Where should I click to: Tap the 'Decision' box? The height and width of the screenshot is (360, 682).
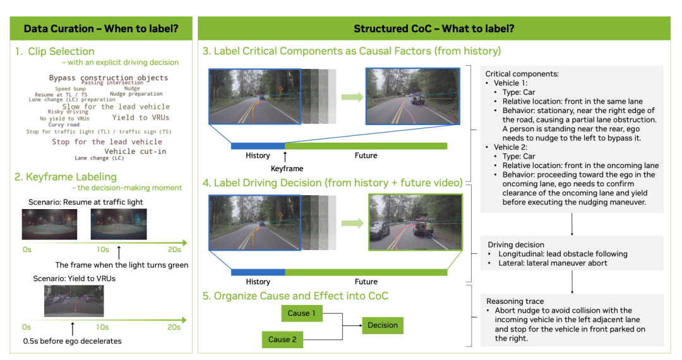click(383, 325)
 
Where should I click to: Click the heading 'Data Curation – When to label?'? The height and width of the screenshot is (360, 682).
click(101, 28)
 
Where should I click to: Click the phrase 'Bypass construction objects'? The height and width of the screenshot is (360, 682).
click(109, 78)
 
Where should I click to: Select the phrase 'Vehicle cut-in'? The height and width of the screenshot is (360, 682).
click(135, 151)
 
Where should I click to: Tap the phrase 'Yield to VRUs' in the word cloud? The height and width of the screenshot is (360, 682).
click(141, 117)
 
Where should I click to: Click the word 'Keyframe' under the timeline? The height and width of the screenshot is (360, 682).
click(287, 169)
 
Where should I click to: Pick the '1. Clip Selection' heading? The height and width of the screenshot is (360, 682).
click(55, 52)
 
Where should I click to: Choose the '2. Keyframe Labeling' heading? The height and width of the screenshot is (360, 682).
click(66, 177)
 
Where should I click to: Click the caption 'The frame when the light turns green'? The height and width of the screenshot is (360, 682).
click(122, 265)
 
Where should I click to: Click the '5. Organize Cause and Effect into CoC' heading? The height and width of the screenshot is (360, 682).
click(295, 296)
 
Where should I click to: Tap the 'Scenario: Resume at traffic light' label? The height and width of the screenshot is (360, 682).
click(85, 202)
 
